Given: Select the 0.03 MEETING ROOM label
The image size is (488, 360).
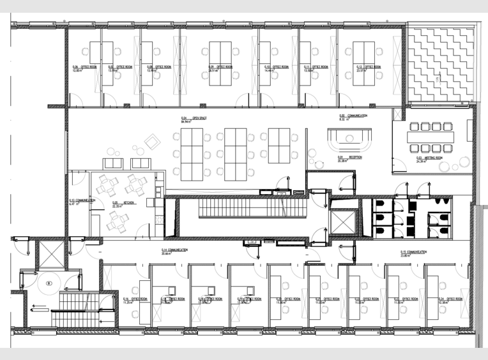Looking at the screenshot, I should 428,160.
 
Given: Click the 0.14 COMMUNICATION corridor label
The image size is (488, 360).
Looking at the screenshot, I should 173,251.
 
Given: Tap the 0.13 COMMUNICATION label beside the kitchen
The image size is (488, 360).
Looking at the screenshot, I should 81,202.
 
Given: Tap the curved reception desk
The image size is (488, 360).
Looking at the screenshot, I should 349,137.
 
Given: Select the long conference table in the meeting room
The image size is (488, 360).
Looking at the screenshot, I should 432,137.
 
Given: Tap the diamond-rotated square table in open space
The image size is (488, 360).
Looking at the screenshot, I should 151,142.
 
